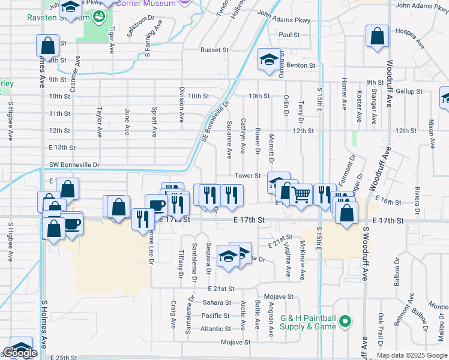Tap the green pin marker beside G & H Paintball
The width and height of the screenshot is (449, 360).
pos(345,322)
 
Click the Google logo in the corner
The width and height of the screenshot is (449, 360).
pos(20,353)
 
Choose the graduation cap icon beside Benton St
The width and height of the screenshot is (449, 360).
pos(268,59)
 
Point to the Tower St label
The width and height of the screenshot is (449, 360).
pos(247,176)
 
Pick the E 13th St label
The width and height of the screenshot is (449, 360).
pos(62,147)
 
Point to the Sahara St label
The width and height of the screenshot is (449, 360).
pos(216,302)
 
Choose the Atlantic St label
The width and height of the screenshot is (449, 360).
pos(215,329)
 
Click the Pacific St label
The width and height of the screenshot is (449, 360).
pos(215,316)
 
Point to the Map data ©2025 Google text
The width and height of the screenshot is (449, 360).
pos(412,355)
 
